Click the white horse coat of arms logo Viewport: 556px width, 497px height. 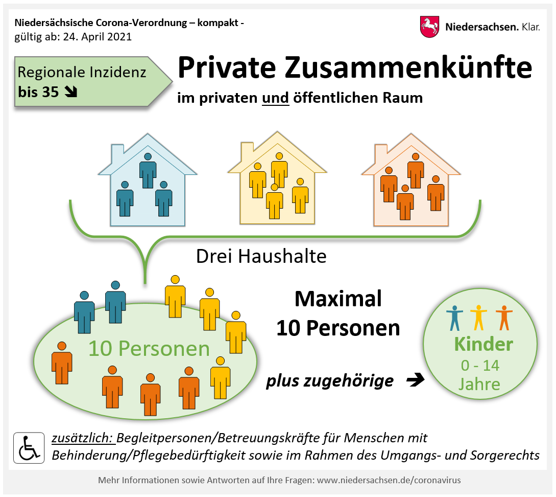point(429,27)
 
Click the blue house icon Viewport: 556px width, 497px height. point(148,179)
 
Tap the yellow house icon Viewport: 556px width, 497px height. point(277,178)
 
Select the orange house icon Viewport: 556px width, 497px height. point(411,179)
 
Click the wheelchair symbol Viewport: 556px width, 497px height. point(29,448)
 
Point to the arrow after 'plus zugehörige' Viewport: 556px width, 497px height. point(415,380)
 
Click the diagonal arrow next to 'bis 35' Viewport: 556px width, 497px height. point(71,92)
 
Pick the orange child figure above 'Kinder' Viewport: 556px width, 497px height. point(504,318)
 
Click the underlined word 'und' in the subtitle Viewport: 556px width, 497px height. point(276,98)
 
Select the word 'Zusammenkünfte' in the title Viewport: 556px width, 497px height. point(408,67)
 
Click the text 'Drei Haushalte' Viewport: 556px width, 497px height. point(261,256)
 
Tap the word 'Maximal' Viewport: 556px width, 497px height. point(339,299)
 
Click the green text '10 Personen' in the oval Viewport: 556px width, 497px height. point(149,348)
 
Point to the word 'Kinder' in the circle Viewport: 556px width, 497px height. point(484,344)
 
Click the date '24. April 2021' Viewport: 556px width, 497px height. point(97,37)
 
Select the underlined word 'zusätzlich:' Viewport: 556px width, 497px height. point(83,438)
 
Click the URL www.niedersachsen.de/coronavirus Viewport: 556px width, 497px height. point(389,480)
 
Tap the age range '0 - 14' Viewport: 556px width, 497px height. point(480,365)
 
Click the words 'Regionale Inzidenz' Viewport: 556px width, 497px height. point(82,72)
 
